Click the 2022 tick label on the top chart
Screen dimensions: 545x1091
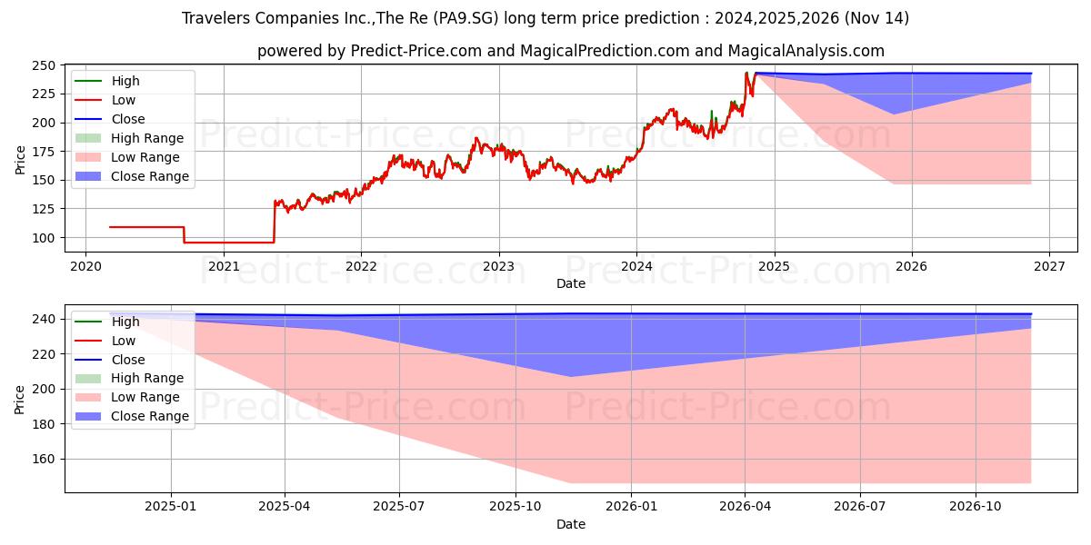(361, 266)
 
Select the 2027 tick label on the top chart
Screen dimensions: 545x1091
(1048, 266)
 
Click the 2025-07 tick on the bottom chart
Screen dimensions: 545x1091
(399, 506)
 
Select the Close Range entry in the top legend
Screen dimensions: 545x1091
(150, 176)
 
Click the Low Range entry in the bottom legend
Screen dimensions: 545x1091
(146, 397)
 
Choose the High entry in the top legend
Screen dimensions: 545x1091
(125, 81)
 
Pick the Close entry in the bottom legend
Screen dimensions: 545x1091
(128, 360)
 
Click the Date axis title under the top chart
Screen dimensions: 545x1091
(570, 283)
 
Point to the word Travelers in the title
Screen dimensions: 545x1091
(215, 18)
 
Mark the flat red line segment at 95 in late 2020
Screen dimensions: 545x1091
(228, 243)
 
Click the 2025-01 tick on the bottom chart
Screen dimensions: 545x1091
(171, 506)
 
